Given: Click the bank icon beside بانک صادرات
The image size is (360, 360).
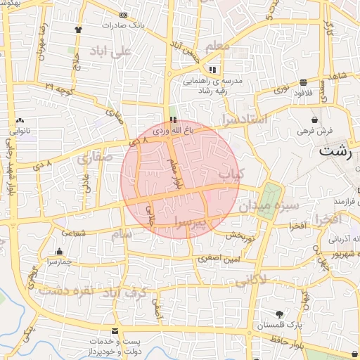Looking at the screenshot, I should pos(124,15).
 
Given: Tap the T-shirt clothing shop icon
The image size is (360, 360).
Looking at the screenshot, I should pos(79,30).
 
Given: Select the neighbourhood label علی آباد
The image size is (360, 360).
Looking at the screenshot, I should pos(111,51).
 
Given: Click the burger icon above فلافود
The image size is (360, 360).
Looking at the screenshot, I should pos(304,82).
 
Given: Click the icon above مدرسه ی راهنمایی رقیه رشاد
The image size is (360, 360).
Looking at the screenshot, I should pos(212,70).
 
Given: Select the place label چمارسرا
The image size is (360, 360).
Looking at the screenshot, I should pos(61,262).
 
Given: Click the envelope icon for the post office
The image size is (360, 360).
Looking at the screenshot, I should pos(115,331).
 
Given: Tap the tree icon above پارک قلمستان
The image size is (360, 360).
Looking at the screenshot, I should pos(280,314).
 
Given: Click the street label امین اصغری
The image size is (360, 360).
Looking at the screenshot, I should pos(217,258).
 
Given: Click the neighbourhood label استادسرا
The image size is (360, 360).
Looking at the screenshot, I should pos(244,120).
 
